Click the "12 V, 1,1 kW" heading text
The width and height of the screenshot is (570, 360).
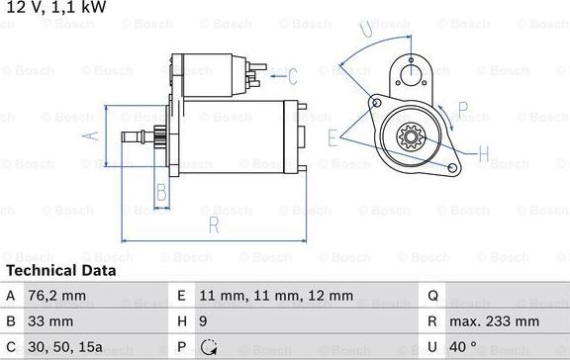tap(56, 7)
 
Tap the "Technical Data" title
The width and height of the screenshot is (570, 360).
tap(61, 271)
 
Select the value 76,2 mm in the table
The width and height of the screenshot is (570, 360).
tap(57, 296)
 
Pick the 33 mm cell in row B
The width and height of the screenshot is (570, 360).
tap(50, 321)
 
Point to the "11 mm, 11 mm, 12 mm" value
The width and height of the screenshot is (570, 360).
tap(276, 296)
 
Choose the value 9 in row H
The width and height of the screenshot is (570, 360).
tap(203, 321)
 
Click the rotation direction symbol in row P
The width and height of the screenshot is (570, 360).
tap(209, 347)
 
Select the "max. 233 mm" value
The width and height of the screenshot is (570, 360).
tap(495, 321)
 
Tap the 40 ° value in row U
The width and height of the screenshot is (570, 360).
tap(463, 347)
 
